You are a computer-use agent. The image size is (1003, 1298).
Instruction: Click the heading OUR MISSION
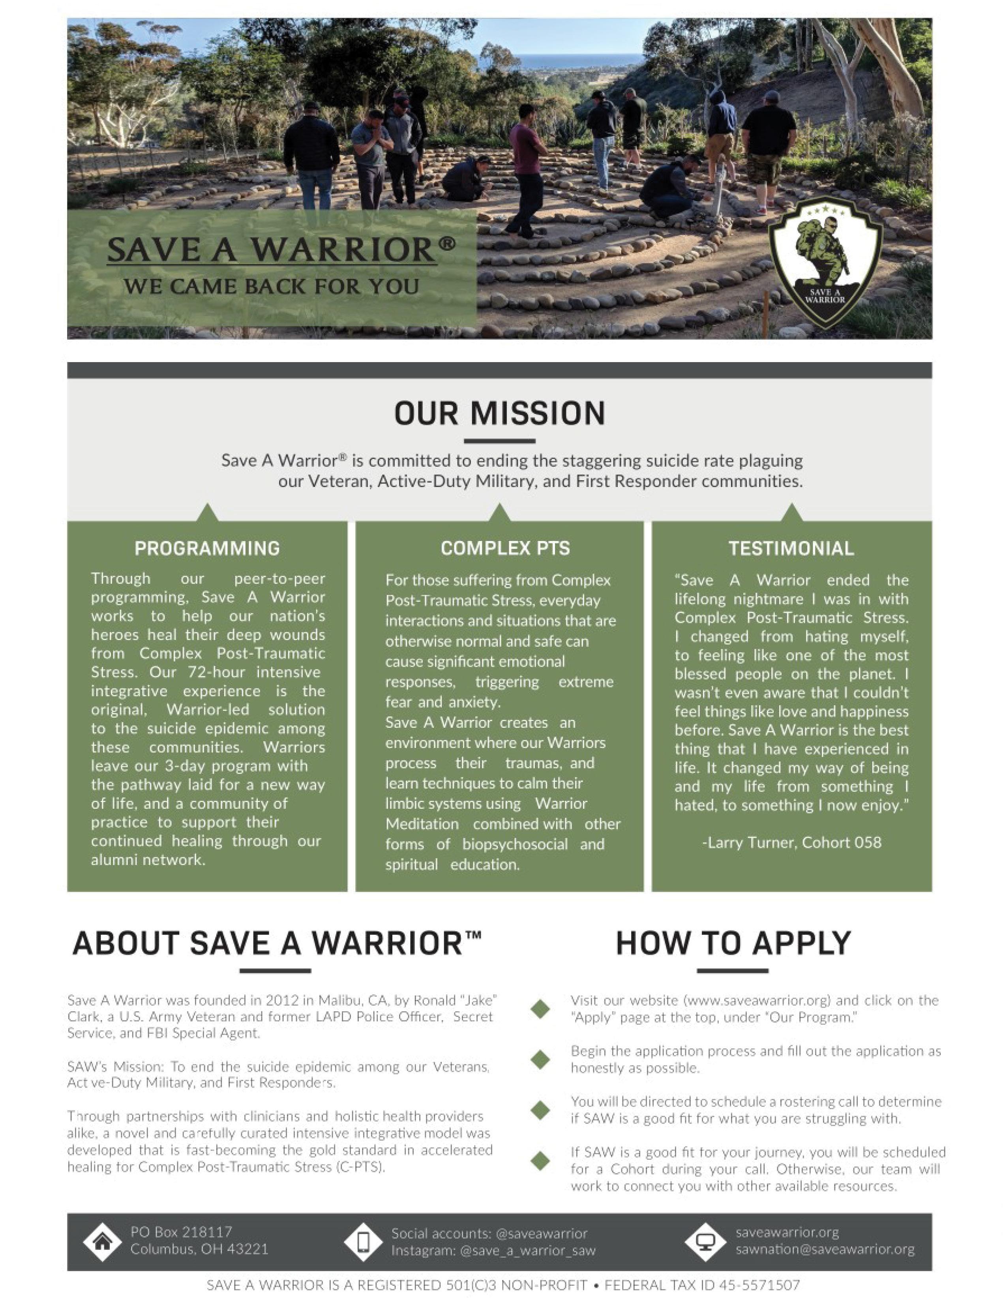(x=500, y=413)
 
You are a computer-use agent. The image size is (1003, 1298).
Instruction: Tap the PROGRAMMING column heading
(x=207, y=548)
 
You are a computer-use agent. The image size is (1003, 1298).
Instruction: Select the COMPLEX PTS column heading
(x=505, y=548)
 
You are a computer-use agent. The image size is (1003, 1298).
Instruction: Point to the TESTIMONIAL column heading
(x=791, y=548)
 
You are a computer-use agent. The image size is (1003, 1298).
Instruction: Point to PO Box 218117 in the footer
(x=181, y=1232)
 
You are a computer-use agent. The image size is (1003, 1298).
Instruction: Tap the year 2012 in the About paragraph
(x=282, y=999)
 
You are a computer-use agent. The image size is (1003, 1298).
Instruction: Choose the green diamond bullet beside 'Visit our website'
(x=540, y=1009)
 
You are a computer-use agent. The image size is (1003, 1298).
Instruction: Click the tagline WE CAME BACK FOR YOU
(x=272, y=286)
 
